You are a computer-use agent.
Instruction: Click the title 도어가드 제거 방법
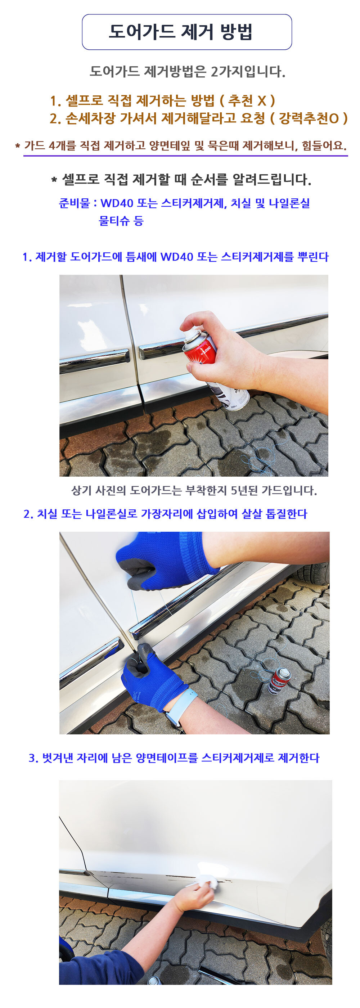click(180, 32)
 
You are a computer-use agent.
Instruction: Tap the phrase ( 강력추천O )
click(309, 118)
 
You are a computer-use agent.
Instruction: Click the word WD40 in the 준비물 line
click(117, 203)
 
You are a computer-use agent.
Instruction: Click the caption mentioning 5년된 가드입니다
click(194, 490)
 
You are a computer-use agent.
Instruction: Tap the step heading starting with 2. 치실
click(165, 513)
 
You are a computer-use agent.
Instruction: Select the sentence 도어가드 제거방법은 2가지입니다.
click(188, 71)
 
